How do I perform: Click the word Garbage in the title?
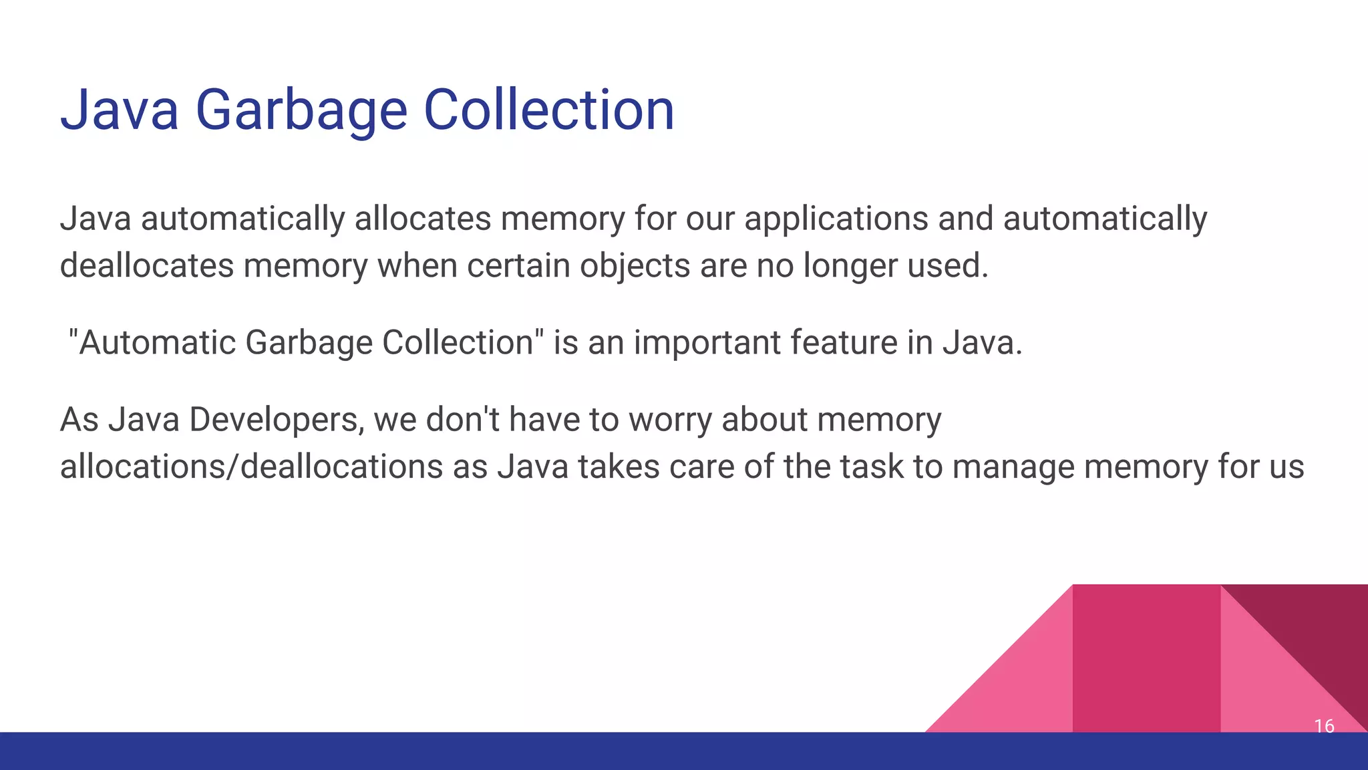[x=301, y=110]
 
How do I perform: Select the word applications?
[x=836, y=219]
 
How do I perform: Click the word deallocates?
[x=146, y=265]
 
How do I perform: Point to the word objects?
[x=635, y=265]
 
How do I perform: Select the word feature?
[x=843, y=342]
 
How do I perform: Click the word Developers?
[x=276, y=420]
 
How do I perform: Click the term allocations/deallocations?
[x=251, y=467]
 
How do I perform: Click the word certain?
[x=518, y=265]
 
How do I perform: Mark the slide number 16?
[x=1324, y=726]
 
